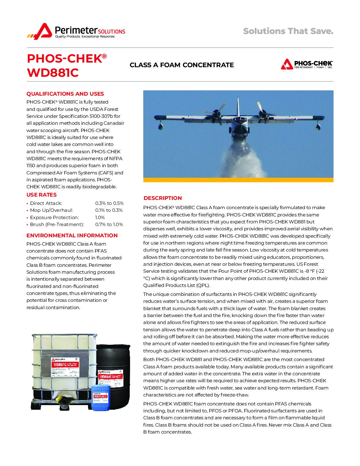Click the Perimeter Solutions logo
click(x=76, y=31)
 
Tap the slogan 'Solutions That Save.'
click(x=288, y=31)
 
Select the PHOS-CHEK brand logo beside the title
click(x=307, y=64)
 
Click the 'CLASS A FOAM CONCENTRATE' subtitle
click(x=182, y=65)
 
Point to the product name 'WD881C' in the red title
click(x=53, y=73)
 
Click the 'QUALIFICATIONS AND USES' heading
click(x=65, y=94)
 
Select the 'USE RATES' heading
click(x=41, y=195)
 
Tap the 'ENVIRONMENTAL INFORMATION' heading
click(x=72, y=236)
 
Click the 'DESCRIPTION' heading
click(x=162, y=198)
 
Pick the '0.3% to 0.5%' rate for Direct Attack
click(x=109, y=203)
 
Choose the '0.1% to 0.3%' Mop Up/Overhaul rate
click(x=109, y=210)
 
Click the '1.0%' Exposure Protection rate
click(x=100, y=217)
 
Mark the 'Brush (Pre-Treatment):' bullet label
click(x=57, y=224)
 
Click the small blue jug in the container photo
click(x=101, y=397)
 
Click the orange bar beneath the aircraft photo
click(x=238, y=180)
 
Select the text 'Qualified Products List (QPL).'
click(x=176, y=285)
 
